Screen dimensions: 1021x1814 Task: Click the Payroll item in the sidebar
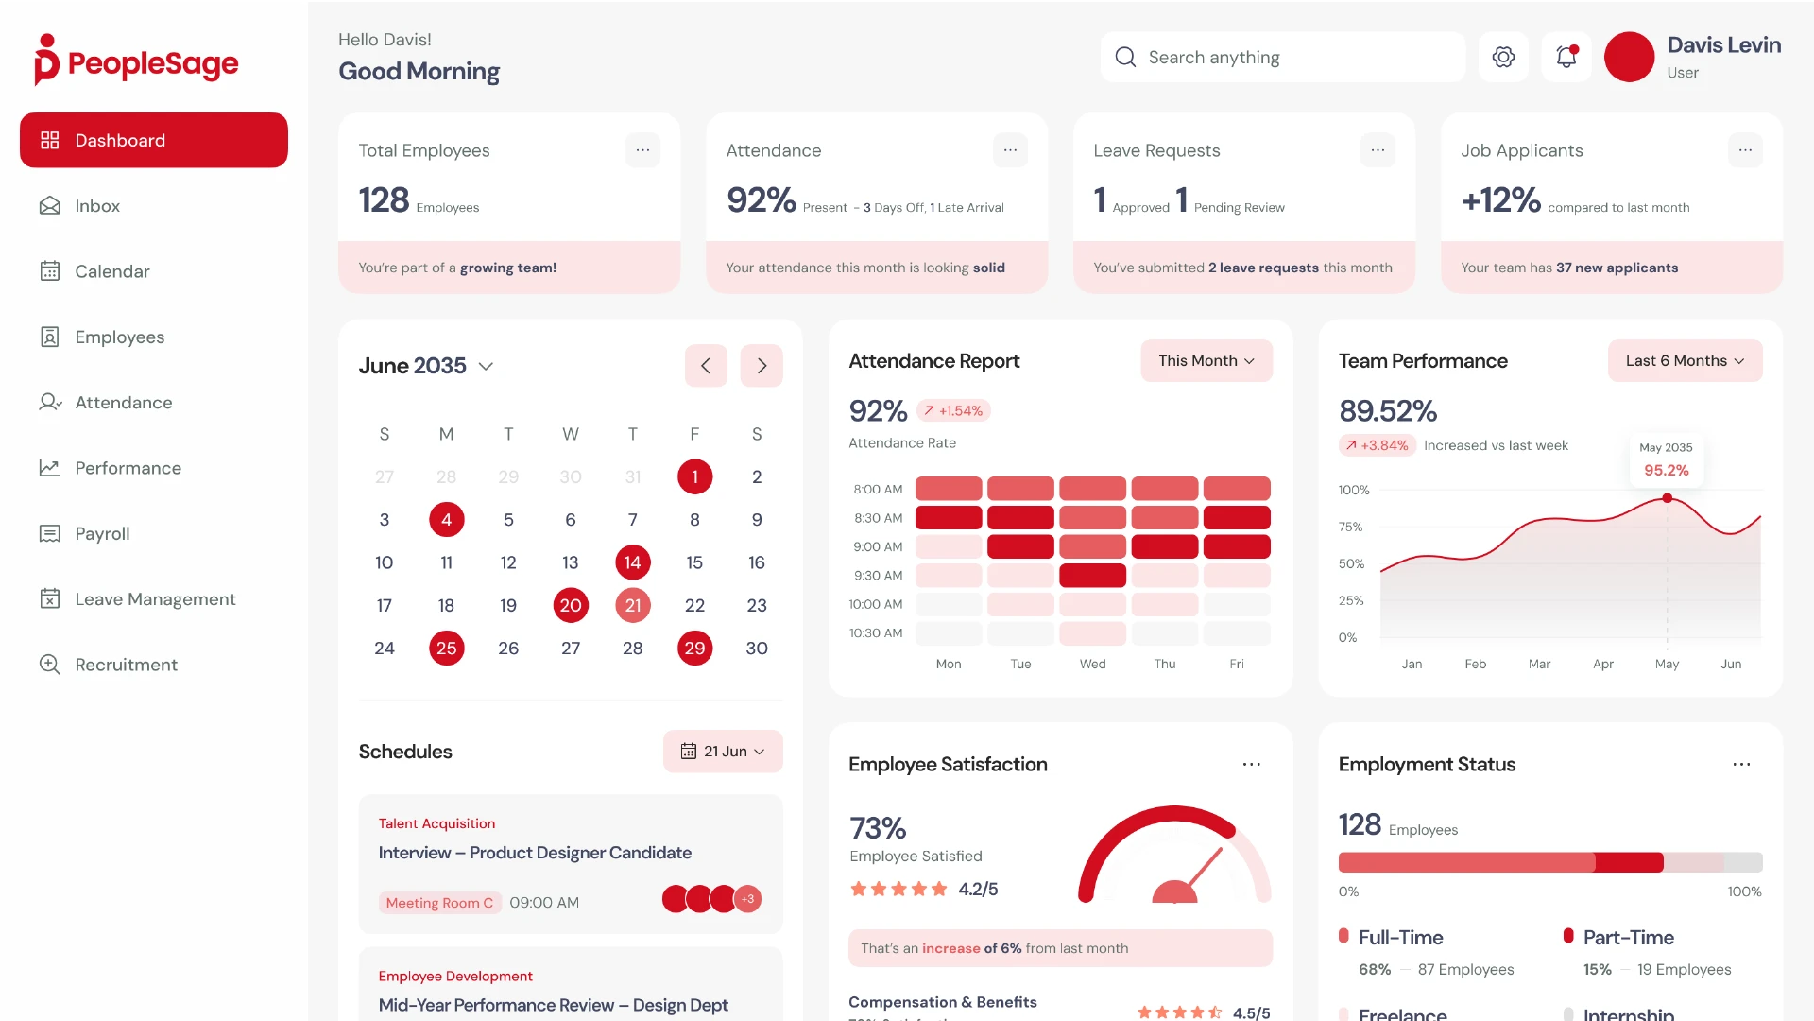click(x=102, y=534)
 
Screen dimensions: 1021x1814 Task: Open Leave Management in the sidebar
click(x=155, y=599)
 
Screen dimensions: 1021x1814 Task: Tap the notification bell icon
click(x=1566, y=57)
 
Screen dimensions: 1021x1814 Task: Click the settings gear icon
click(x=1503, y=57)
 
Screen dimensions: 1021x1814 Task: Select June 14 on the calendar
click(x=632, y=562)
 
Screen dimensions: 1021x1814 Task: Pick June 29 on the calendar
click(x=694, y=649)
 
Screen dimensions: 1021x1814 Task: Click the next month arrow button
click(x=762, y=366)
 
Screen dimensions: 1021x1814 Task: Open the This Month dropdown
click(x=1206, y=361)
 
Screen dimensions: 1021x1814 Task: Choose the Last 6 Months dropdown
click(x=1684, y=361)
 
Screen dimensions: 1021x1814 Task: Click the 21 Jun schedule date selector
click(x=723, y=752)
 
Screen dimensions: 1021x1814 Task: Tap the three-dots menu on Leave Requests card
click(x=1378, y=150)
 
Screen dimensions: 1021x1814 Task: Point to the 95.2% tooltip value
click(x=1666, y=471)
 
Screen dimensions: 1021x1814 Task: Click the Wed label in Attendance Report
click(x=1092, y=665)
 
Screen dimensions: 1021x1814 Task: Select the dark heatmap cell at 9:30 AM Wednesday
click(x=1092, y=576)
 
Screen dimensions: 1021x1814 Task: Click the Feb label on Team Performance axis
click(x=1475, y=665)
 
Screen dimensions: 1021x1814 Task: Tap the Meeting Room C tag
click(x=439, y=903)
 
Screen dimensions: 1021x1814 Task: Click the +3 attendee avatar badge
click(x=748, y=899)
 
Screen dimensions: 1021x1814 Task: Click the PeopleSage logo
click(x=137, y=62)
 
